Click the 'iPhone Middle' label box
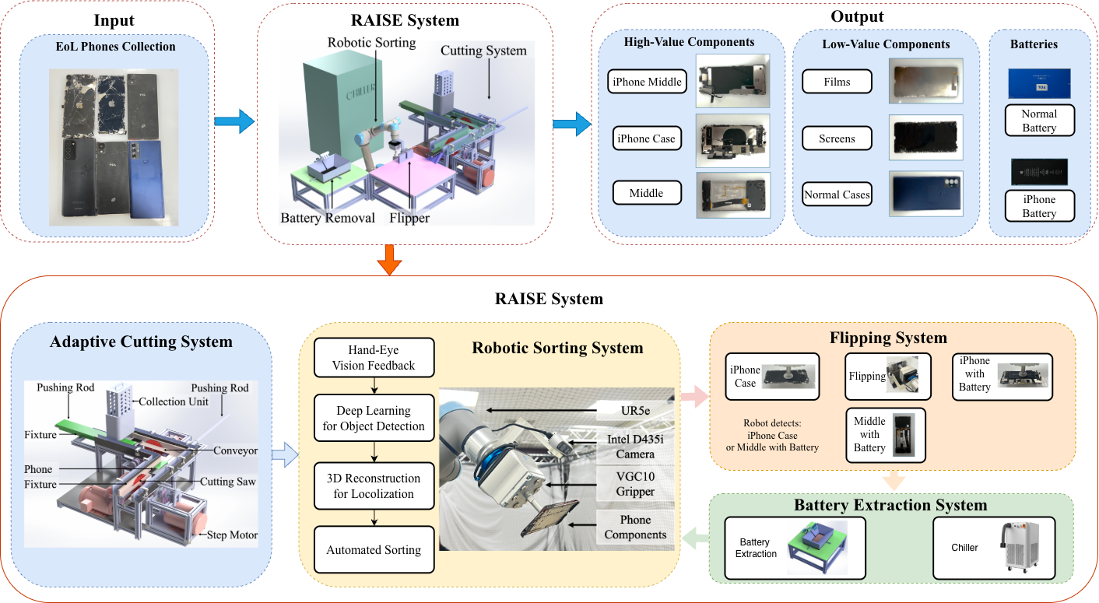pos(647,81)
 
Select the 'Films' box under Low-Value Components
pos(837,81)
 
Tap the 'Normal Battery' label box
pos(1039,121)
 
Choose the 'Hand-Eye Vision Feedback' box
pos(374,358)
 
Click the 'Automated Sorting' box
pos(374,549)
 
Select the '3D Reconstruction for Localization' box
pos(374,486)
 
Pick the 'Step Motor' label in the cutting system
pos(231,535)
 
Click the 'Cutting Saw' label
pos(228,482)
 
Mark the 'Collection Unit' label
pos(173,401)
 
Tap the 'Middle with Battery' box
pos(869,435)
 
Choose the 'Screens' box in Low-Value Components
pos(837,138)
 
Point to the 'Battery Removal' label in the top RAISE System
pos(328,218)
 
